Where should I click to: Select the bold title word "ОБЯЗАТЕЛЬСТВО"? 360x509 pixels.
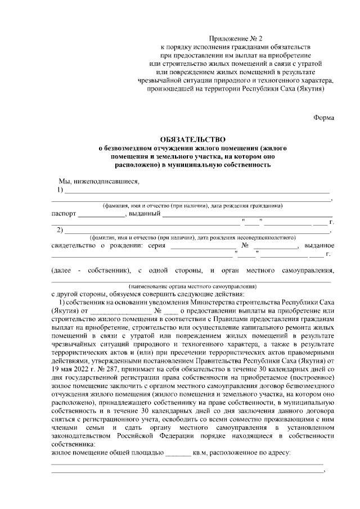click(x=192, y=139)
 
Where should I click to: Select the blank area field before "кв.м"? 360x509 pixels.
click(x=178, y=452)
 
